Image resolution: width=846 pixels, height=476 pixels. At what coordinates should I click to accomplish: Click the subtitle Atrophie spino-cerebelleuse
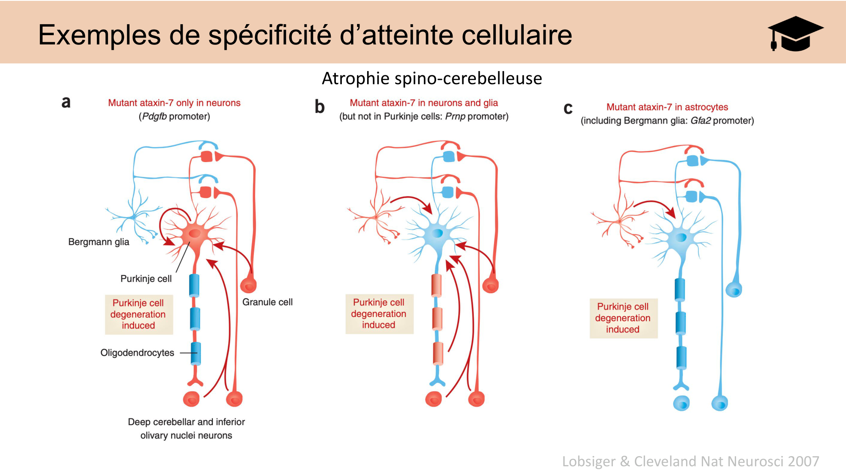click(431, 79)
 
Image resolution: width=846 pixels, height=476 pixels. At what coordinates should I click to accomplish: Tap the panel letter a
click(66, 102)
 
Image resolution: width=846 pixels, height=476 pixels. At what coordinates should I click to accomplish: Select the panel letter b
click(319, 107)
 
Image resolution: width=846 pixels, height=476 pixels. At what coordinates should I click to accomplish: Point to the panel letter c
click(568, 108)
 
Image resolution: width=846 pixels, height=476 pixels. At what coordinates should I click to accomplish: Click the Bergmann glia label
click(99, 242)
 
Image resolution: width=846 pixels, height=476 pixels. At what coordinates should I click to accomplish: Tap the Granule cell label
click(267, 302)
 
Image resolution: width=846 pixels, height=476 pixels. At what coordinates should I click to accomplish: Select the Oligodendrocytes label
click(137, 353)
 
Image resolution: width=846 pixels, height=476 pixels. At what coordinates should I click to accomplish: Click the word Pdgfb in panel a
click(154, 116)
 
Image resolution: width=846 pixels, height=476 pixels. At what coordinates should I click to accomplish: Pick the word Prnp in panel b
click(455, 116)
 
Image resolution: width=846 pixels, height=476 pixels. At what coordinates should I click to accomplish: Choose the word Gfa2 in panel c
click(700, 121)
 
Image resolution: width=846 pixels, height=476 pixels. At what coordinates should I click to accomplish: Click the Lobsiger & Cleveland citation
click(690, 461)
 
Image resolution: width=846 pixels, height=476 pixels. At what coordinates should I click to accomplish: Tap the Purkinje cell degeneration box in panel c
click(623, 318)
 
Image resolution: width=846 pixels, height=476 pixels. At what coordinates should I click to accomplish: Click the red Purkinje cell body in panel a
click(195, 234)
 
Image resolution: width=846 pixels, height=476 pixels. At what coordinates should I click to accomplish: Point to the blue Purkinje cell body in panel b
click(437, 233)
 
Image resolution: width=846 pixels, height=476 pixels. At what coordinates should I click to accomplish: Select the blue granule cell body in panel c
click(734, 290)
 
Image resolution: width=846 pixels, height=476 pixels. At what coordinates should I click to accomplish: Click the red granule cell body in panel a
click(248, 286)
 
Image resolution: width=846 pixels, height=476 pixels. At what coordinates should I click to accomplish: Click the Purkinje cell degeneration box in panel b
click(379, 314)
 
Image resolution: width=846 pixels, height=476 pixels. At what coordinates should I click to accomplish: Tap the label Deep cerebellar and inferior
click(186, 422)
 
